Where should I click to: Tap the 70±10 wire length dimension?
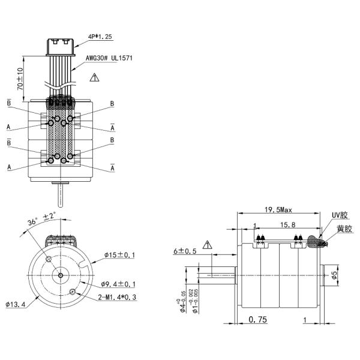[x=20, y=79]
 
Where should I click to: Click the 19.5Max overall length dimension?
[x=278, y=210]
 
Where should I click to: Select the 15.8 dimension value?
[x=287, y=224]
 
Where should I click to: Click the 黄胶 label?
[x=343, y=229]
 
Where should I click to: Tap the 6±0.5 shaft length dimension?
[x=184, y=251]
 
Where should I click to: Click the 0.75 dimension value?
[x=258, y=320]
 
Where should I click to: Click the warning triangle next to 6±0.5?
[x=208, y=245]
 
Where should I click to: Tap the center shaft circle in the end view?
[x=61, y=275]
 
